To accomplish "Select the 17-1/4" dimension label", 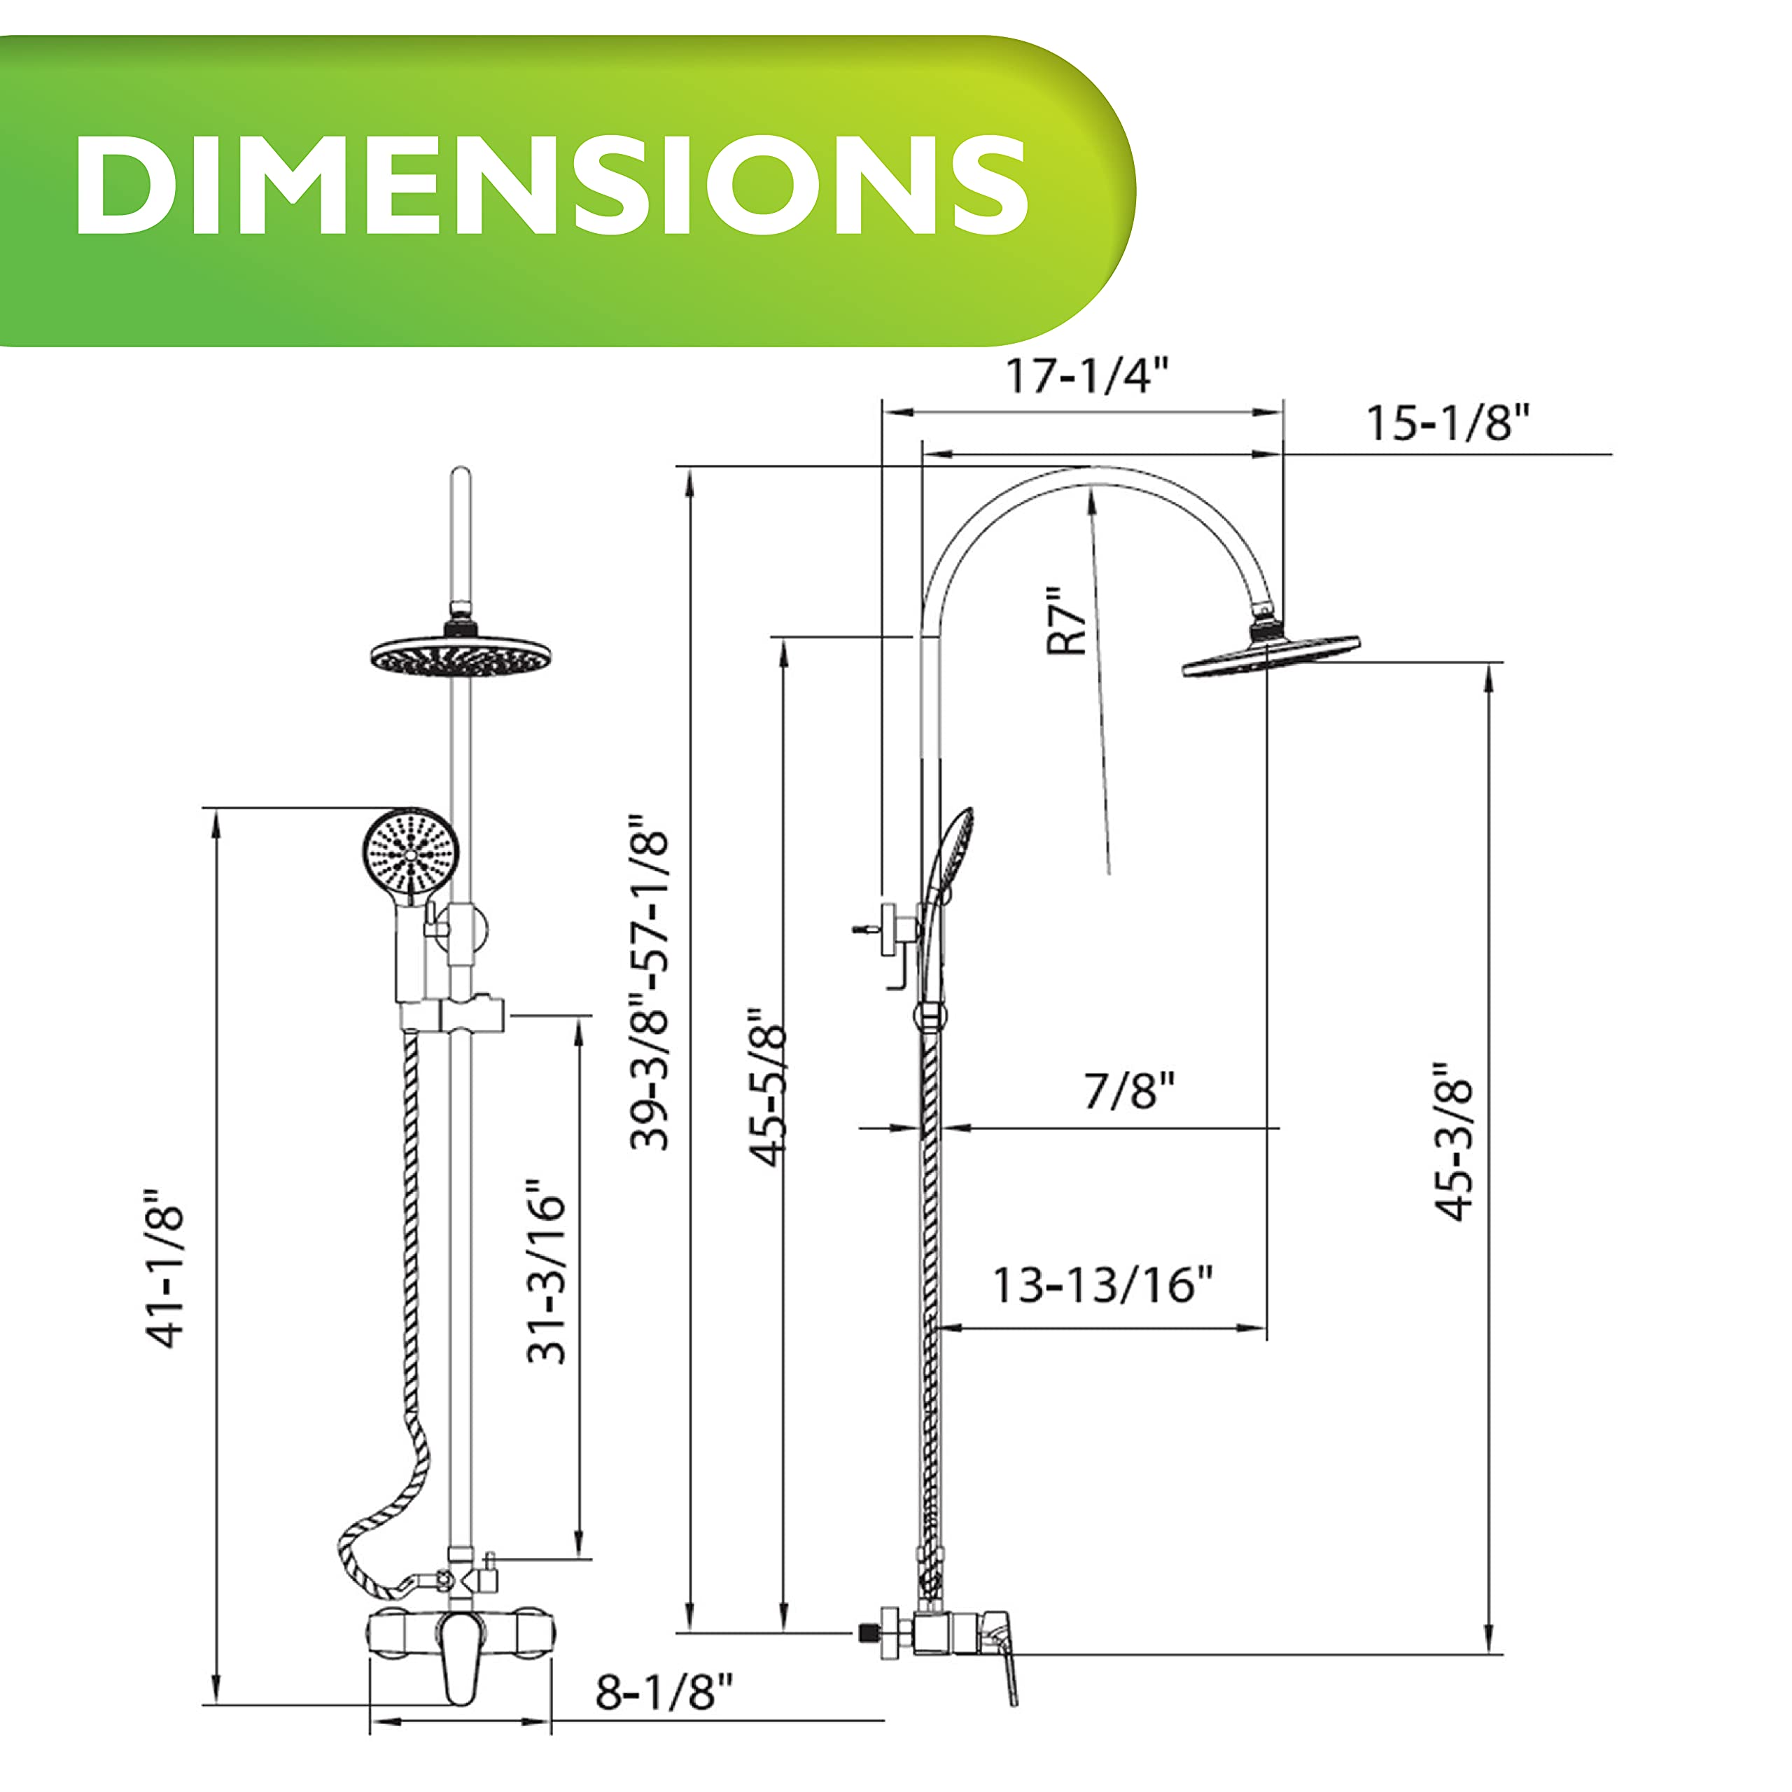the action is (1087, 376).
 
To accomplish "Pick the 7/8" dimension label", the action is (1130, 1091).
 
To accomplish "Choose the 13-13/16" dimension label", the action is (1102, 1284).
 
